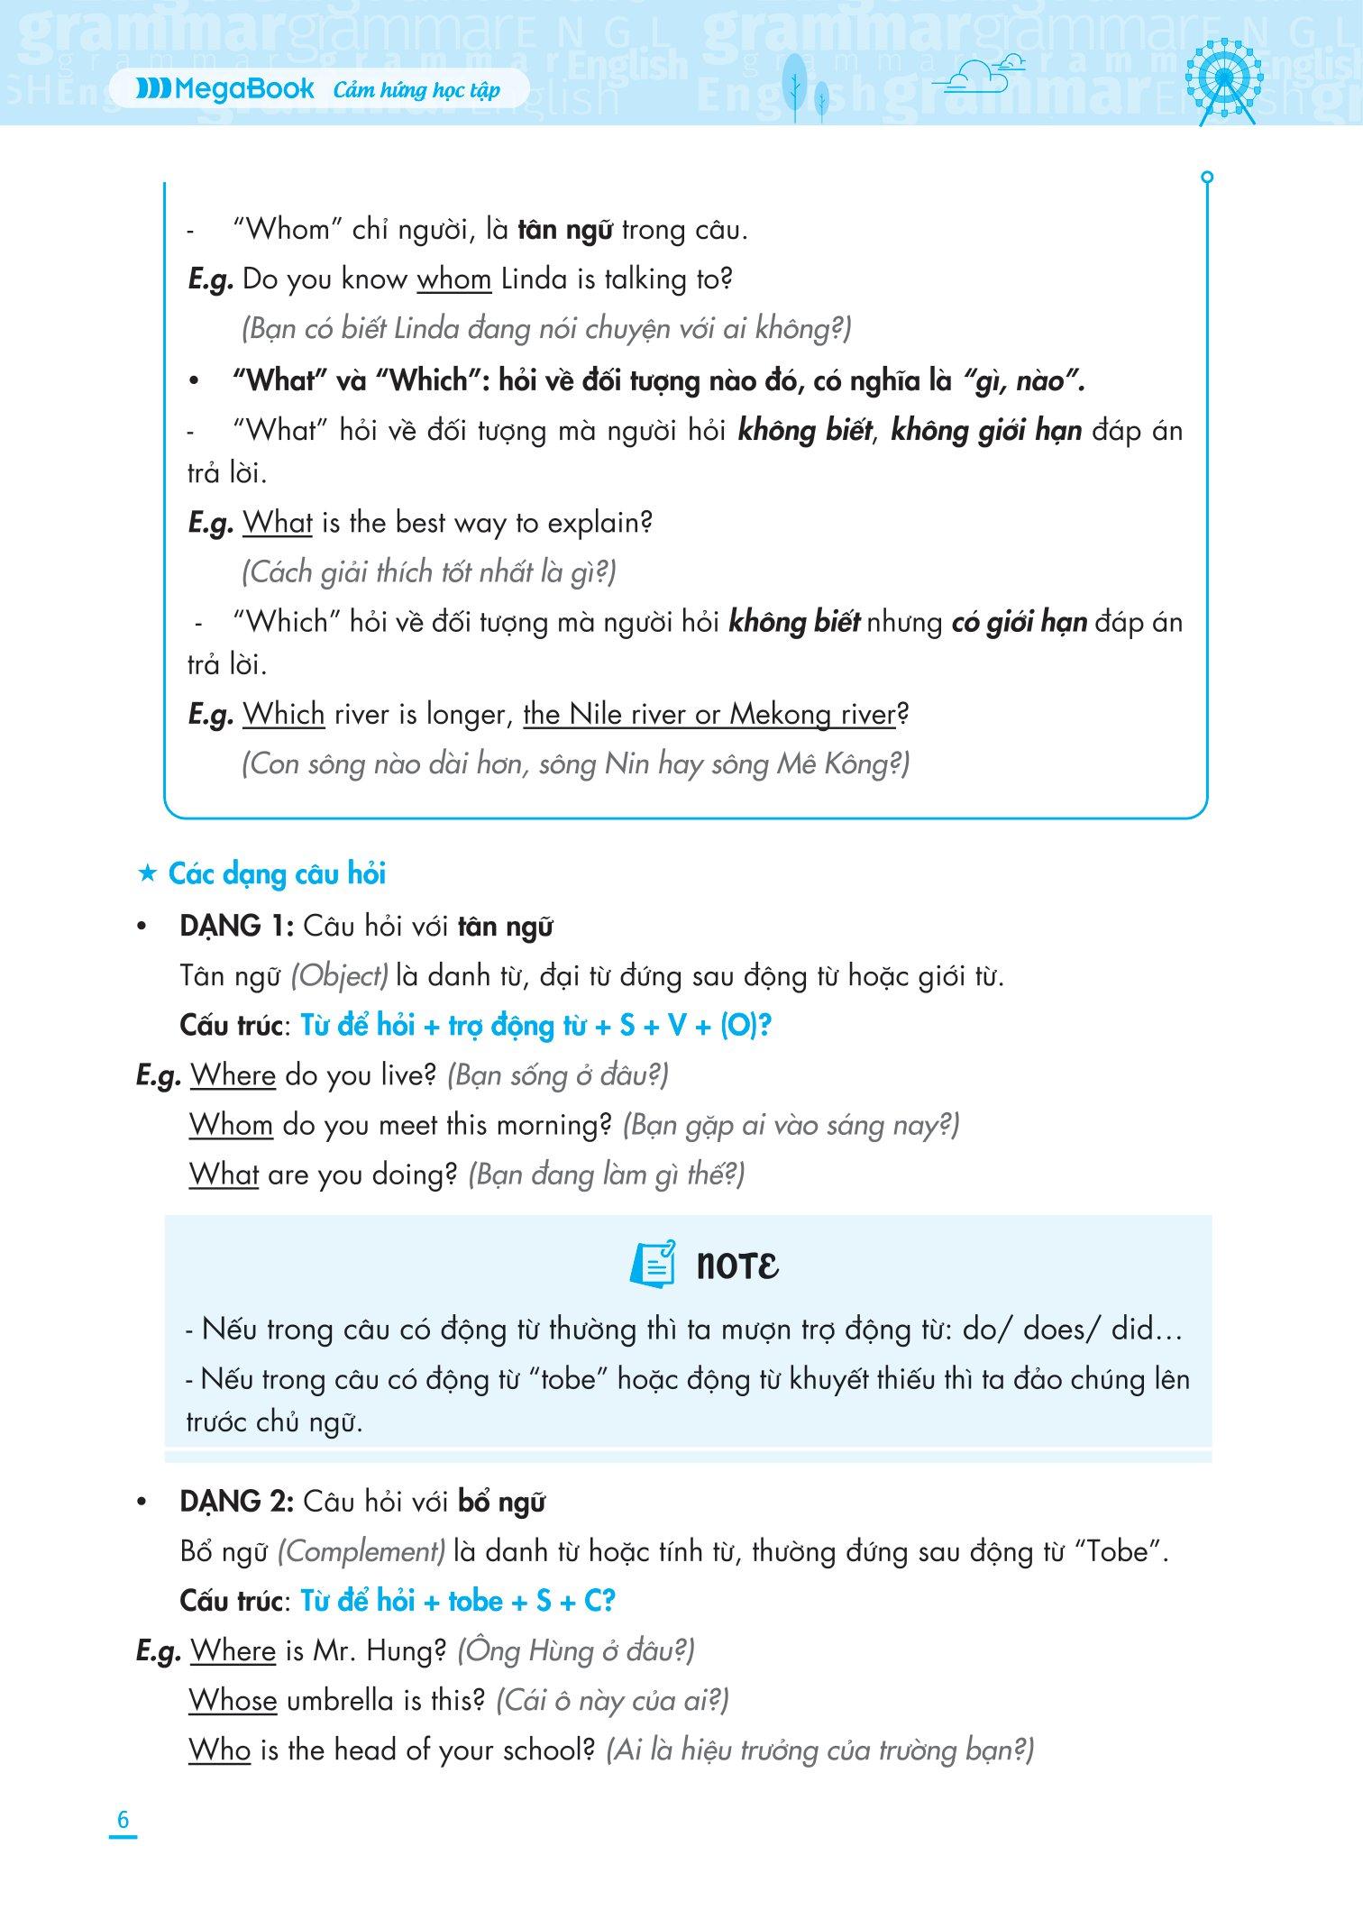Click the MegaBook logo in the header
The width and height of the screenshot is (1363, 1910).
[x=225, y=89]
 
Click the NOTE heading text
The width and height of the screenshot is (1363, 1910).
[x=737, y=1266]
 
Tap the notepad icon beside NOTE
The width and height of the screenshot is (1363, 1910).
[x=652, y=1264]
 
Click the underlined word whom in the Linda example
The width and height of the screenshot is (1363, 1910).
[x=453, y=279]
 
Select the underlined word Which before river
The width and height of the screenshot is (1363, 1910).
[x=284, y=715]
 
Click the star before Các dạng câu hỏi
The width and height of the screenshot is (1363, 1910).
[x=145, y=874]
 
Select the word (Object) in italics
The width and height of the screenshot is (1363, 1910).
[x=341, y=976]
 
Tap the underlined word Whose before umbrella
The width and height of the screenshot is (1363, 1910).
[x=233, y=1700]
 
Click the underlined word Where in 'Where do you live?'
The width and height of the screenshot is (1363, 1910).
[x=233, y=1075]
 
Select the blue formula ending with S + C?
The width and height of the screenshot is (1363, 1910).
[x=457, y=1601]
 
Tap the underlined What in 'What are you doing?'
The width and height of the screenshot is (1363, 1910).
[x=224, y=1174]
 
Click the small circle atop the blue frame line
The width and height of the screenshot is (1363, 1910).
[x=1208, y=178]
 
